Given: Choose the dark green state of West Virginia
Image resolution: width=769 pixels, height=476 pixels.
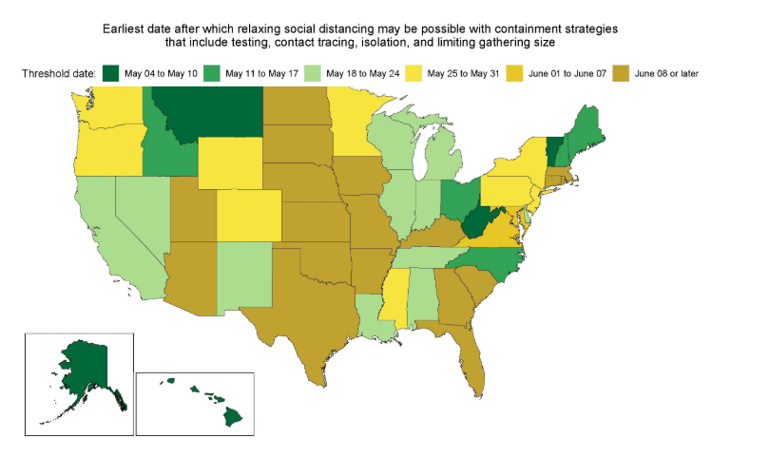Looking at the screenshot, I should tap(475, 227).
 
